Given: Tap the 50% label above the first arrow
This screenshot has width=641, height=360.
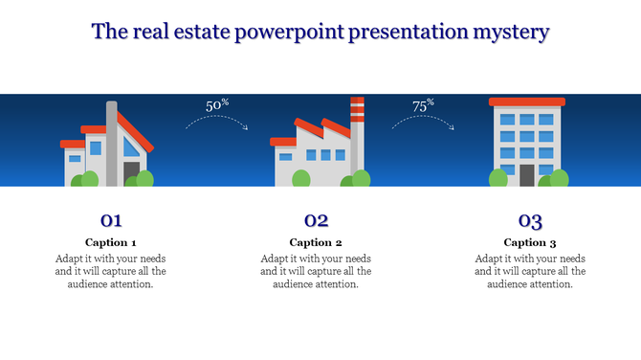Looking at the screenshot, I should click(x=217, y=105).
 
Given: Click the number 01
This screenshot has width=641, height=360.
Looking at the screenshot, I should click(x=111, y=220).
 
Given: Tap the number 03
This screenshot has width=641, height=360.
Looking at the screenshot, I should click(x=530, y=220).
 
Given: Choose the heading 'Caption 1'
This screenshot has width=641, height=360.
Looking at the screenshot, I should click(x=111, y=242).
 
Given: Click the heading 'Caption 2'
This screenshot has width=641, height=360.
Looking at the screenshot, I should click(x=316, y=242).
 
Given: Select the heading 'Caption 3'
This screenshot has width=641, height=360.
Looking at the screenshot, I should click(x=530, y=242).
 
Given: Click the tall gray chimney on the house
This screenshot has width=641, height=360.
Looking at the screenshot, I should click(x=112, y=144).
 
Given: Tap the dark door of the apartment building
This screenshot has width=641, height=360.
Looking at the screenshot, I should click(x=527, y=175).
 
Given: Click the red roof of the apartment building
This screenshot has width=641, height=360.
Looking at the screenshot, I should click(x=527, y=101).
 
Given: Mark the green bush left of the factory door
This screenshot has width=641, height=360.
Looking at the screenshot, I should click(x=300, y=178).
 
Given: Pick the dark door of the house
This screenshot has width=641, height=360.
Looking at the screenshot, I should click(x=132, y=172).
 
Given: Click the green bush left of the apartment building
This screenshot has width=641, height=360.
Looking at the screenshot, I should click(x=498, y=178).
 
